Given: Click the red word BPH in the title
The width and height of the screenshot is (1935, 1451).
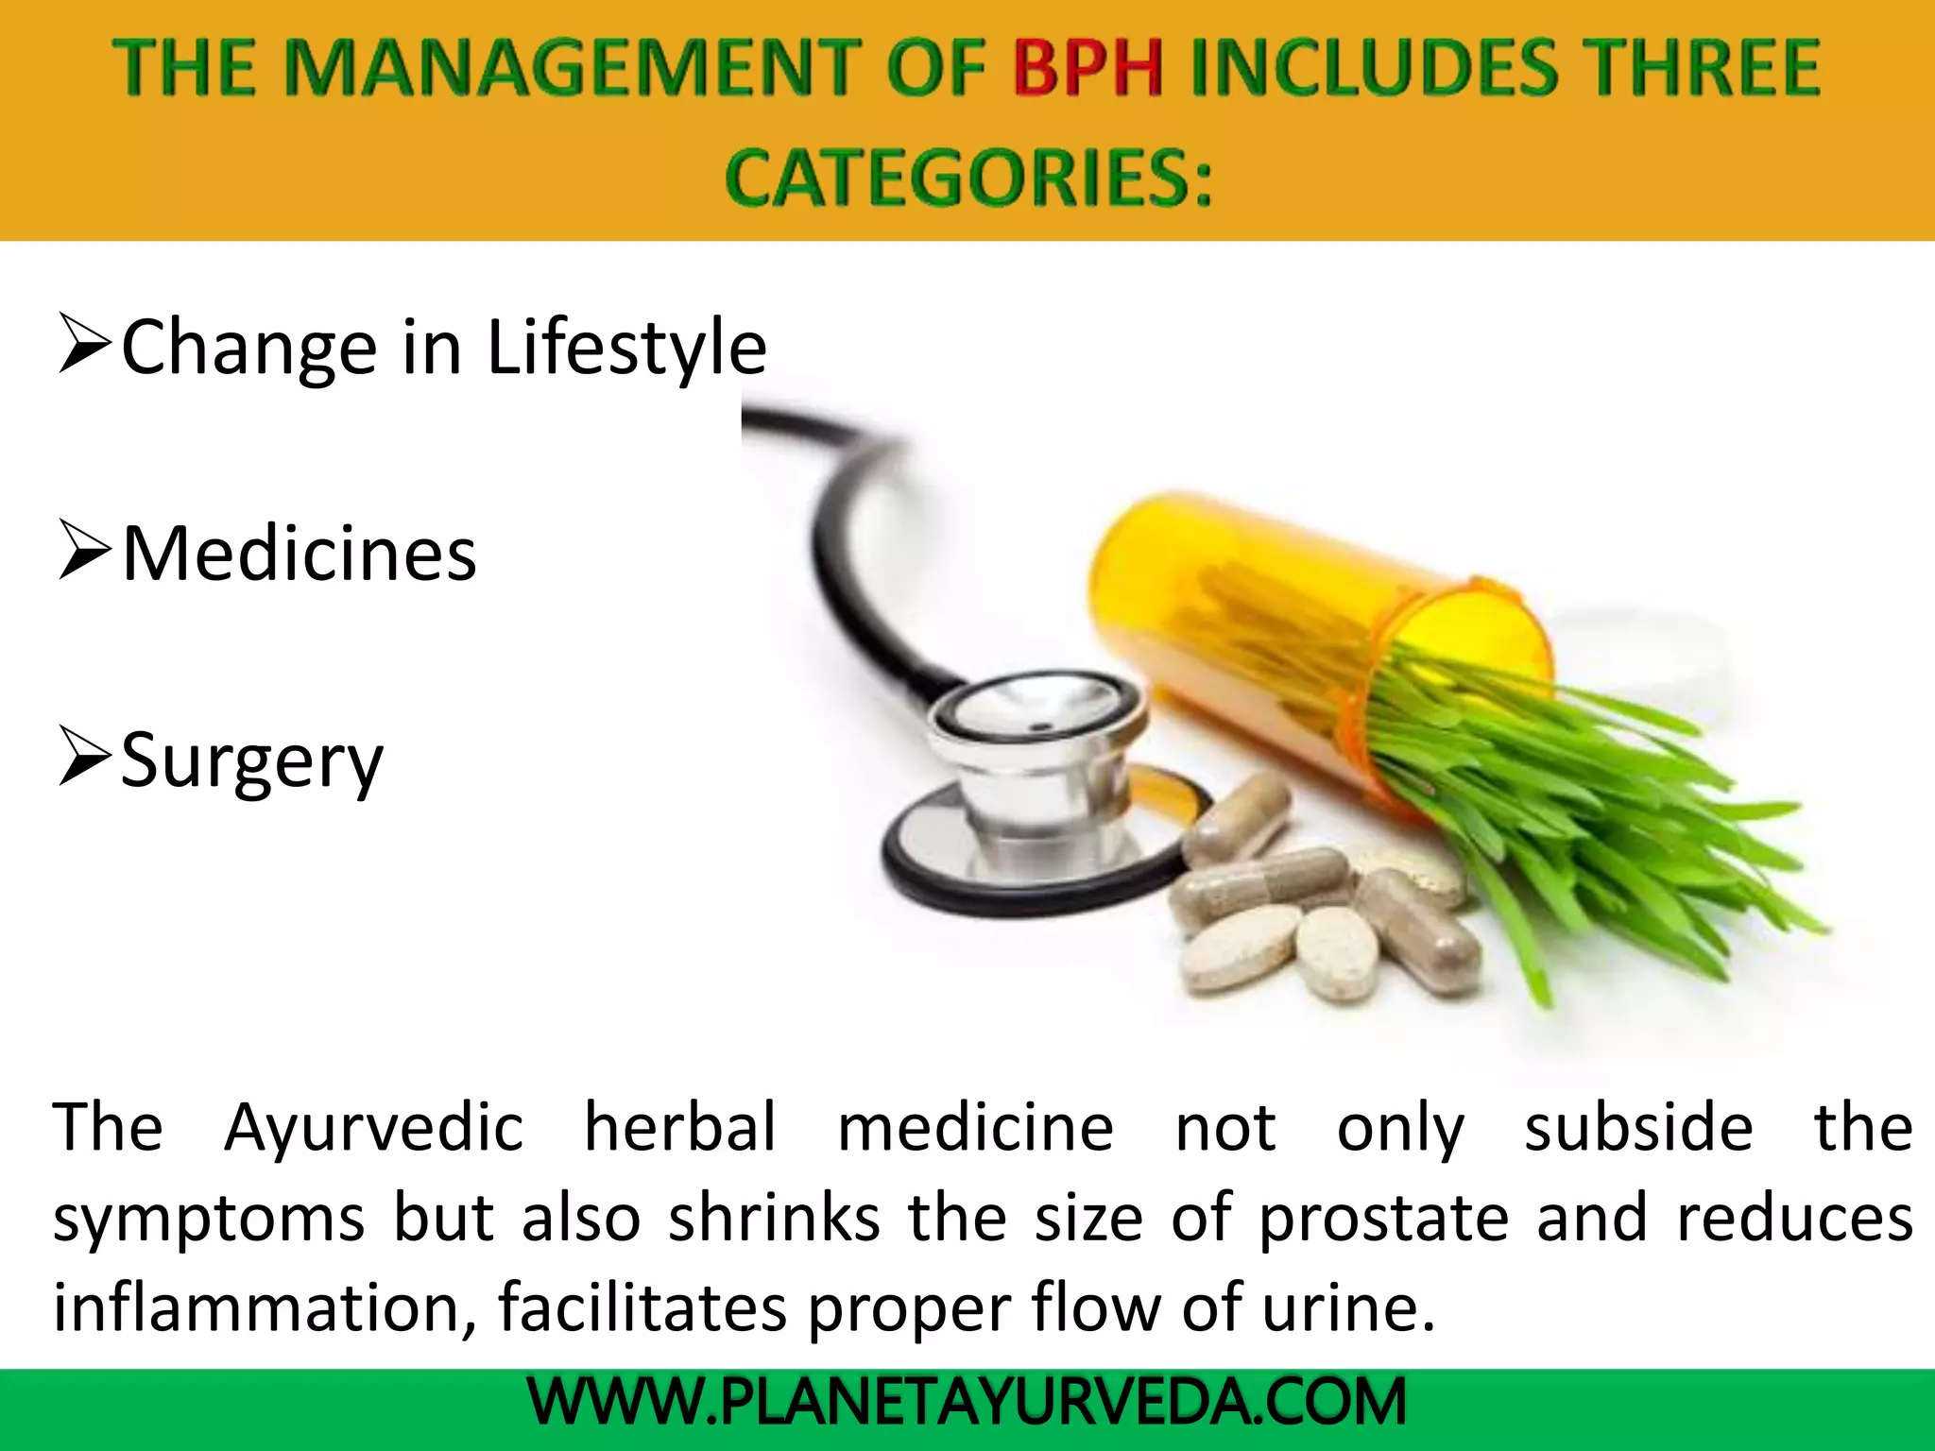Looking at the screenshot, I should click(1087, 68).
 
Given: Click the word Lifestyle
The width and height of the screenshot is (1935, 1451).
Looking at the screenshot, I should click(625, 348).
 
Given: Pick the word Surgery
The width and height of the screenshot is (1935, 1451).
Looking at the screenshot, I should click(252, 761).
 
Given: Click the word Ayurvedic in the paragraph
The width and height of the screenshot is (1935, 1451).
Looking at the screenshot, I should click(373, 1128).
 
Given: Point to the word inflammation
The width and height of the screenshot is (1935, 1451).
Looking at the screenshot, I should click(265, 1308).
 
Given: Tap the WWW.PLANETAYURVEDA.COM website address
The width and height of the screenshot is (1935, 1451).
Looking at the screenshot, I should click(967, 1402).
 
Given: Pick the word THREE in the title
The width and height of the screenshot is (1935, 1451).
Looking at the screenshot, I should click(1701, 68).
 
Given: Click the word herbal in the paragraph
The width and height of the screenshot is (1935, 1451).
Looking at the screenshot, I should click(680, 1128).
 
